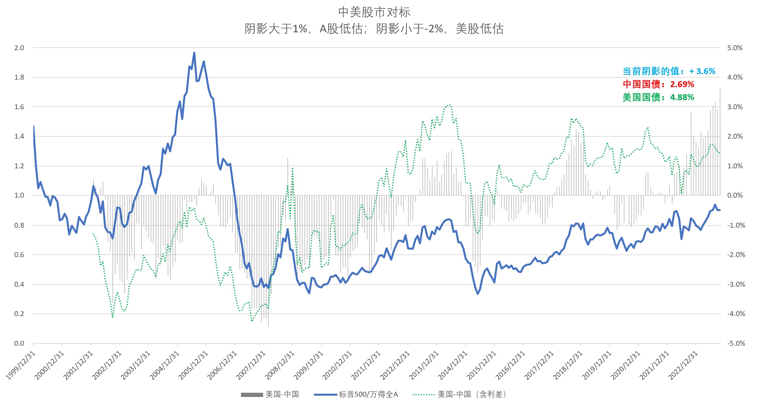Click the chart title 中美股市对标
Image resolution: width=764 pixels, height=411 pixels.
374,12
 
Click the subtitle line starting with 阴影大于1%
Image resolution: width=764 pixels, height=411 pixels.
374,29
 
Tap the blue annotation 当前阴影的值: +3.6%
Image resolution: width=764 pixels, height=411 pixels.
669,71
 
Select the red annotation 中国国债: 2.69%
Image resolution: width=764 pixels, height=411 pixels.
658,84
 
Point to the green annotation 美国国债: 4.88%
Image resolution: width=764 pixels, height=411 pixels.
658,97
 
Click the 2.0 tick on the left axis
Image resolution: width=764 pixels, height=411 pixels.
19,48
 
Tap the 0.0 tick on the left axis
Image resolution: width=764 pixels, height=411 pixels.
19,343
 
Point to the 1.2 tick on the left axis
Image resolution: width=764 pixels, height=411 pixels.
19,166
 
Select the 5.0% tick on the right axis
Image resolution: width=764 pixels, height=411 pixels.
735,48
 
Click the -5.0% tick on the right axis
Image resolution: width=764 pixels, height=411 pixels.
736,343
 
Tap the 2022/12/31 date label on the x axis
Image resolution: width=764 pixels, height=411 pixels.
683,365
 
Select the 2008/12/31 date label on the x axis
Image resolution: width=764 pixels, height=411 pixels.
280,365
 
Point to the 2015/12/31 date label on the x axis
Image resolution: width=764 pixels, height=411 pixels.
482,365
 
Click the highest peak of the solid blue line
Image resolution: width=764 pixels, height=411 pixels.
194,53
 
